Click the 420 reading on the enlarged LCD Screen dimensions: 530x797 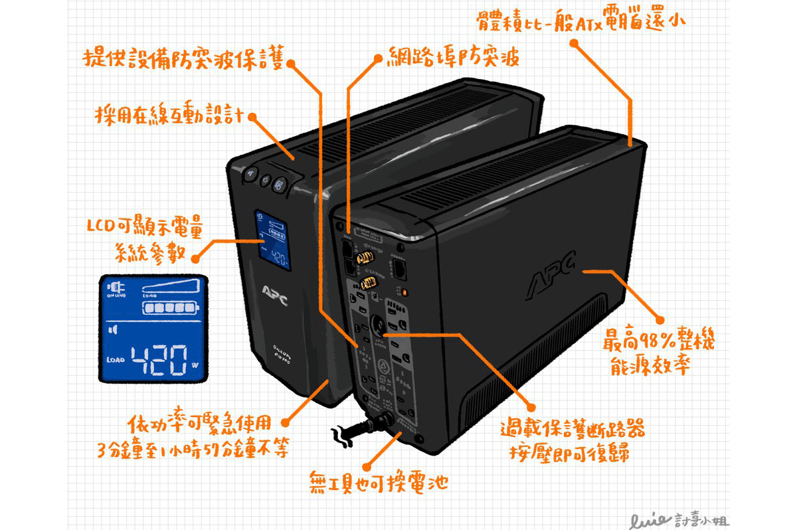click(x=159, y=361)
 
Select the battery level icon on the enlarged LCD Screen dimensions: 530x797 click(x=169, y=308)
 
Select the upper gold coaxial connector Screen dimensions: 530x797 click(x=364, y=256)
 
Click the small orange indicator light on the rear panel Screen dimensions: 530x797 click(x=404, y=292)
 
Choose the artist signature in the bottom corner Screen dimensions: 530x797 click(x=671, y=513)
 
